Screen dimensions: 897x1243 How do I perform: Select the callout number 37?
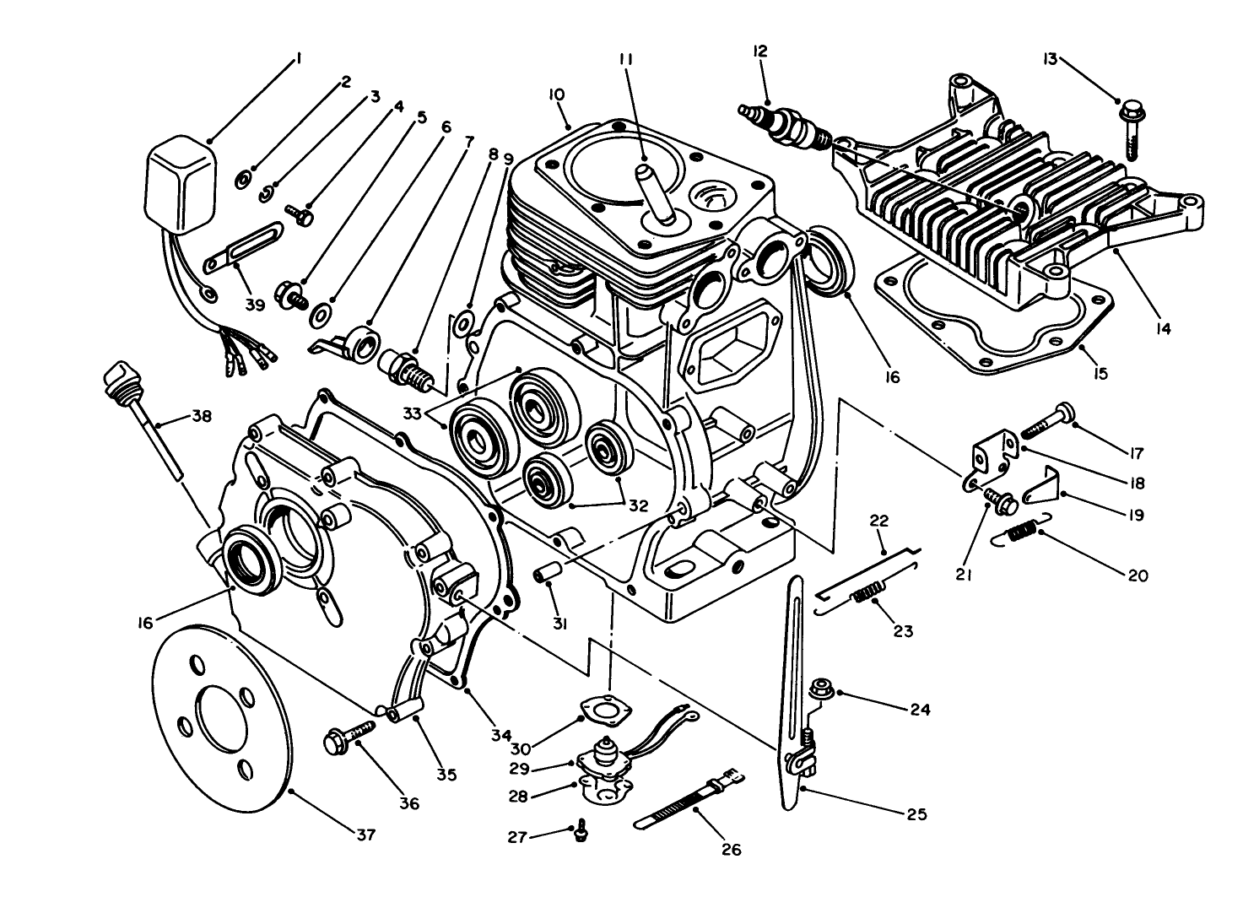tap(364, 835)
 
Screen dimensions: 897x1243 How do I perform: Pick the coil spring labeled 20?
tap(1022, 531)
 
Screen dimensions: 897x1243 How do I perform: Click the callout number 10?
tap(556, 95)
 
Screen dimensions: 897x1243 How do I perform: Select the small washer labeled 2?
tap(242, 177)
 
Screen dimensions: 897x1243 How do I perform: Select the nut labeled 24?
tap(819, 690)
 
